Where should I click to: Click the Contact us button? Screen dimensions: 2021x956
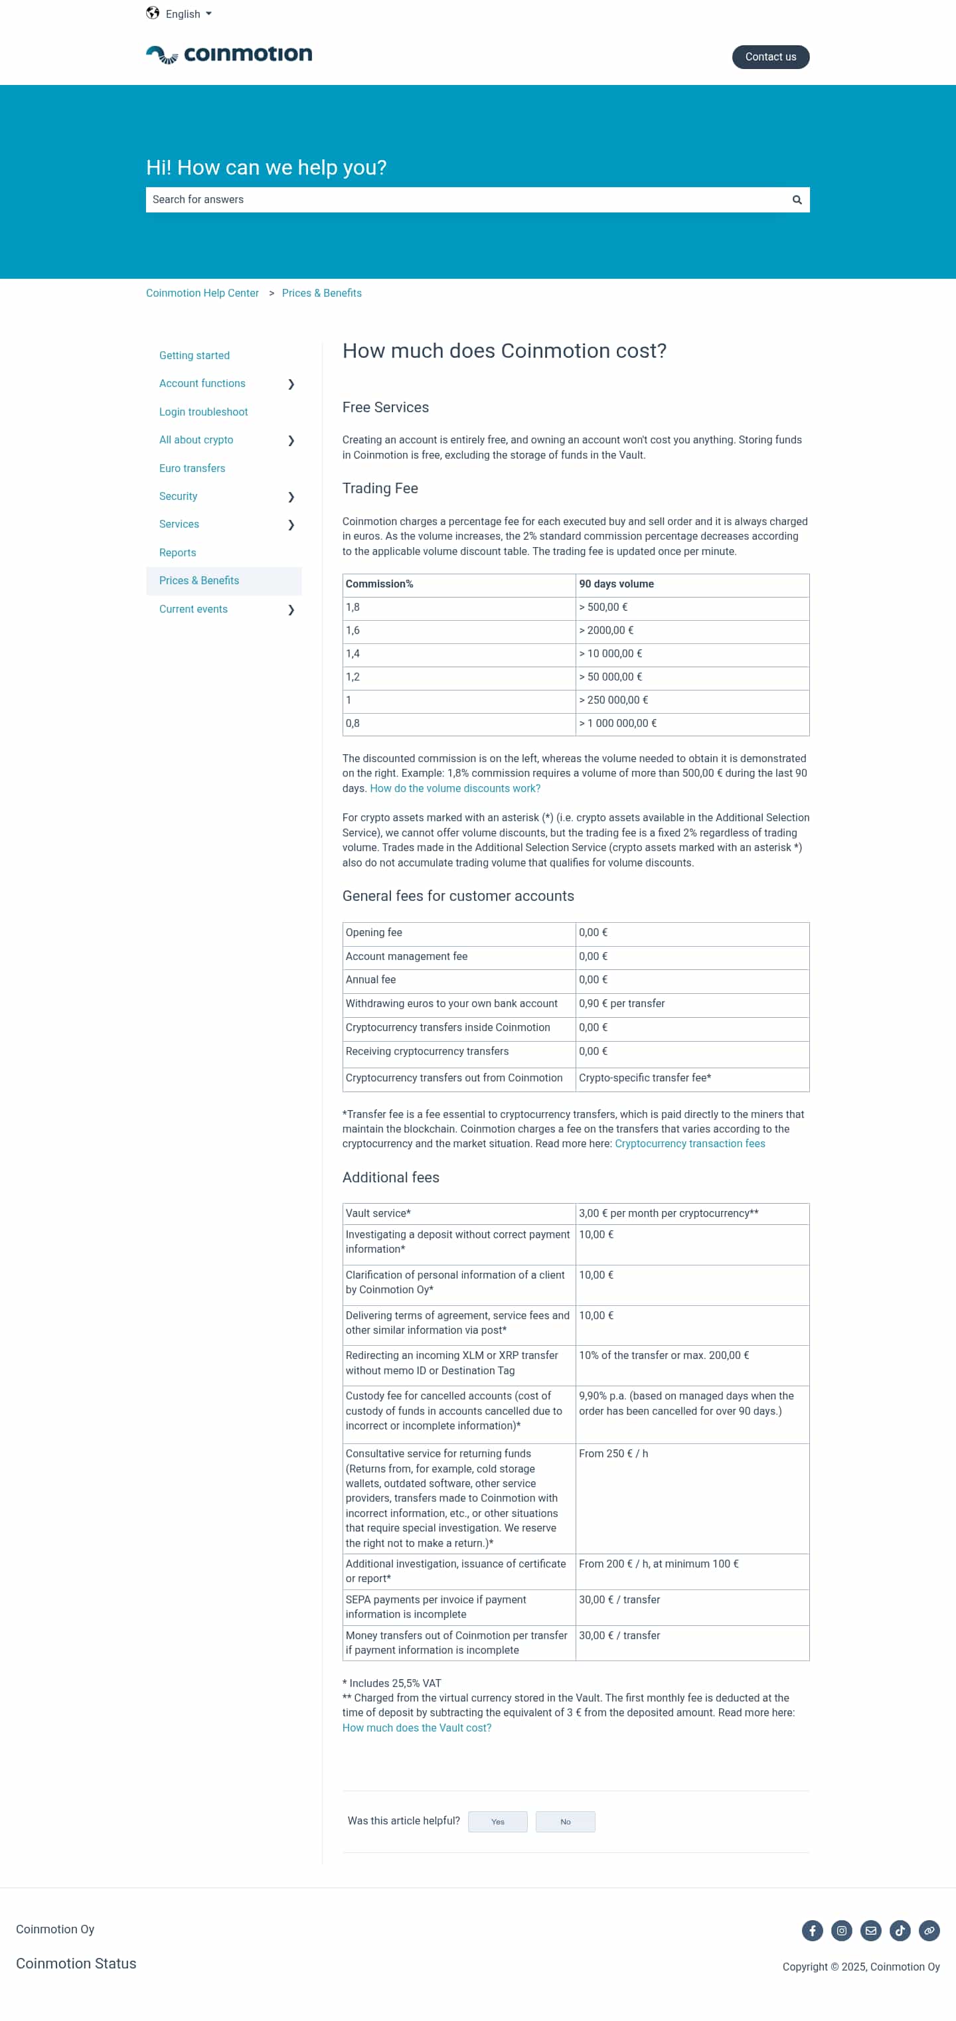770,57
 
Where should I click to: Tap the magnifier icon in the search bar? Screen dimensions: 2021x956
797,200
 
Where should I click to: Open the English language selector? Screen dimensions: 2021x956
180,14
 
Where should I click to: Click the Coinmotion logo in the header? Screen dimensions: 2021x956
229,54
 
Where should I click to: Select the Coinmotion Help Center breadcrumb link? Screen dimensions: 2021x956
202,293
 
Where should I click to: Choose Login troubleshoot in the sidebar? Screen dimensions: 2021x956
203,412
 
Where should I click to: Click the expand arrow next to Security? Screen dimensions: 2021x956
291,497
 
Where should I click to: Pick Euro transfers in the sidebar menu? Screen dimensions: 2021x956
192,468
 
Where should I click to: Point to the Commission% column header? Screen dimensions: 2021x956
380,584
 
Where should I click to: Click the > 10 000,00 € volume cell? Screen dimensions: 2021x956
610,653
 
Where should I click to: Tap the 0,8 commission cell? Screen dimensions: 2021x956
353,724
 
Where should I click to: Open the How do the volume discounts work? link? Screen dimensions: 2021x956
455,789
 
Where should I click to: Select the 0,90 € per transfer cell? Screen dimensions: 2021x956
621,1003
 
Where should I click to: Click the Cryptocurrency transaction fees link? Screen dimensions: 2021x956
689,1144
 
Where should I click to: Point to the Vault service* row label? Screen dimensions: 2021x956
378,1213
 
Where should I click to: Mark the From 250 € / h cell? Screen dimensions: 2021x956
613,1454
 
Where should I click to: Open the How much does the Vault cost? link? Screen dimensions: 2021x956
416,1728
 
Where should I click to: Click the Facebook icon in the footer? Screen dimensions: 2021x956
812,1930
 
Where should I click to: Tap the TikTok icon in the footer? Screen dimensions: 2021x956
900,1930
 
